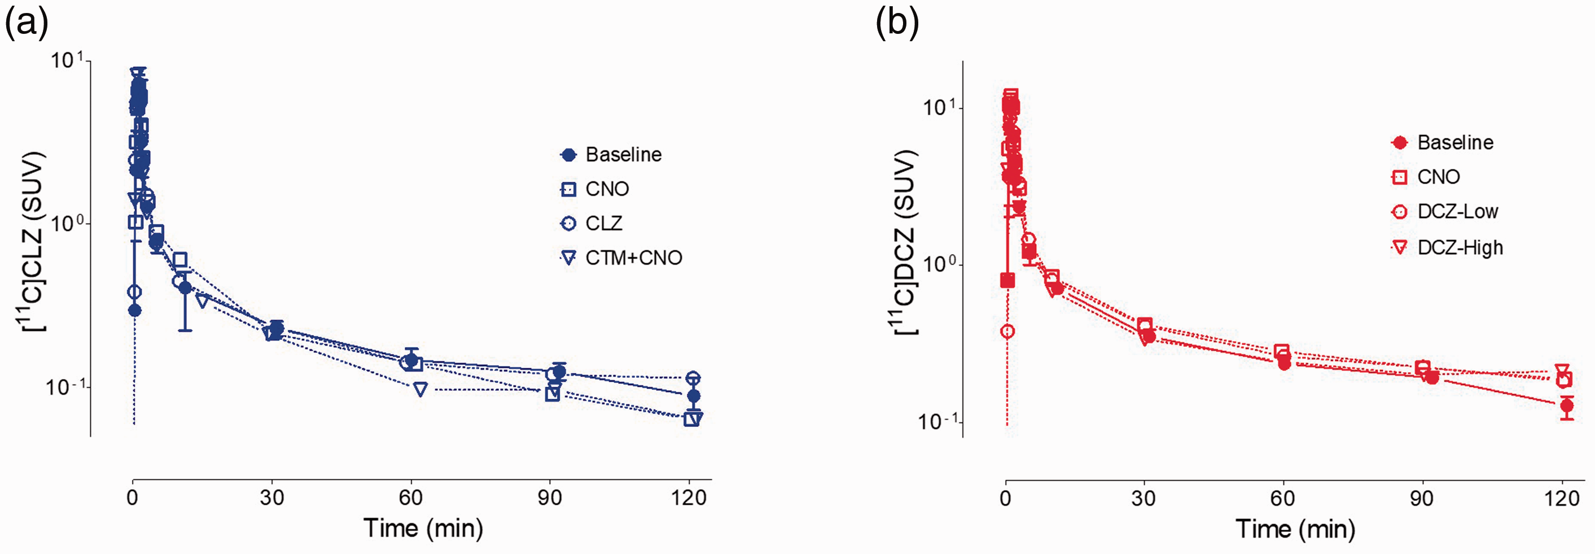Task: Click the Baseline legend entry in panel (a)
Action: [x=611, y=154]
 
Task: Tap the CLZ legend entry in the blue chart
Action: [x=591, y=223]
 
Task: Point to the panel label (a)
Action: [x=26, y=24]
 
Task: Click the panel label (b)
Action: [x=897, y=24]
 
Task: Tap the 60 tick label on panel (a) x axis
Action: [x=410, y=498]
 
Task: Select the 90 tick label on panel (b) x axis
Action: [x=1422, y=498]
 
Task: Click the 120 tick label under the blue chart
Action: [x=689, y=498]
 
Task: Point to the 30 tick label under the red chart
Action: [x=1143, y=498]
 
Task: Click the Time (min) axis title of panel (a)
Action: [x=423, y=529]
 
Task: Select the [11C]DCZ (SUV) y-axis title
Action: [x=905, y=244]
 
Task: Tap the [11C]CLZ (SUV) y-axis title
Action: [x=31, y=242]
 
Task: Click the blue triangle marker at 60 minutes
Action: [x=420, y=389]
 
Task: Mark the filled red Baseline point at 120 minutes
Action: [x=1567, y=407]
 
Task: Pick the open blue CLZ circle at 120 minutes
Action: [x=694, y=378]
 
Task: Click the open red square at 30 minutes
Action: [x=1145, y=325]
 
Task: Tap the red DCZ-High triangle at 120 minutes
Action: [x=1562, y=370]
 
